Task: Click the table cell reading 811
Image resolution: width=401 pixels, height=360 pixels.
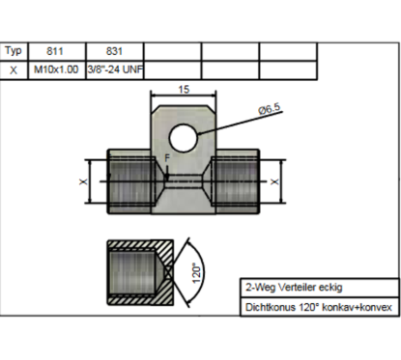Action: click(x=57, y=51)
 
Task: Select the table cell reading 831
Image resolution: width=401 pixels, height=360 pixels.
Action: click(x=114, y=51)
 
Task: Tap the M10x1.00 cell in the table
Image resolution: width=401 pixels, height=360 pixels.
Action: click(x=57, y=69)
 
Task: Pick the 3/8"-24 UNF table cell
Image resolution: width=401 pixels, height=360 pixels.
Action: click(x=114, y=69)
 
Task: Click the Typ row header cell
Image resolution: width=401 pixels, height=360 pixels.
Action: click(x=14, y=51)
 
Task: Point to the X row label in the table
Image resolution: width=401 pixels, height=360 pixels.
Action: click(x=14, y=69)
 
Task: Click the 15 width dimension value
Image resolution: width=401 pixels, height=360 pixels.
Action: click(x=184, y=89)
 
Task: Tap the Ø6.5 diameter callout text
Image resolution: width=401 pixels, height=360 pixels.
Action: click(x=270, y=109)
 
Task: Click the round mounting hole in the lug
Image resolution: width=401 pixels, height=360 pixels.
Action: click(x=183, y=138)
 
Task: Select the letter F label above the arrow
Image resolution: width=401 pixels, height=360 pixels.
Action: click(x=167, y=158)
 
